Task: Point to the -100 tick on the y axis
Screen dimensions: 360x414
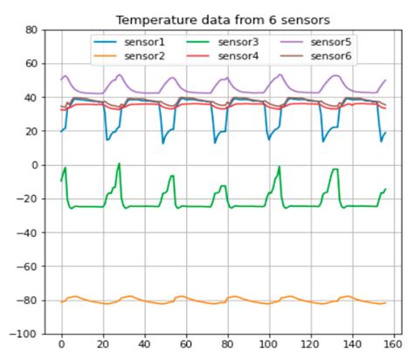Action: [x=27, y=334]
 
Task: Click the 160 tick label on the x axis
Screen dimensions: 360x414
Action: [x=394, y=346]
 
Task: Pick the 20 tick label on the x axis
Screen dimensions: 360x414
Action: [x=103, y=346]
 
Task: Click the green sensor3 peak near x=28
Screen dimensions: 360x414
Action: [x=119, y=163]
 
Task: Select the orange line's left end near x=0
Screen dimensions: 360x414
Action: [x=61, y=301]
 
